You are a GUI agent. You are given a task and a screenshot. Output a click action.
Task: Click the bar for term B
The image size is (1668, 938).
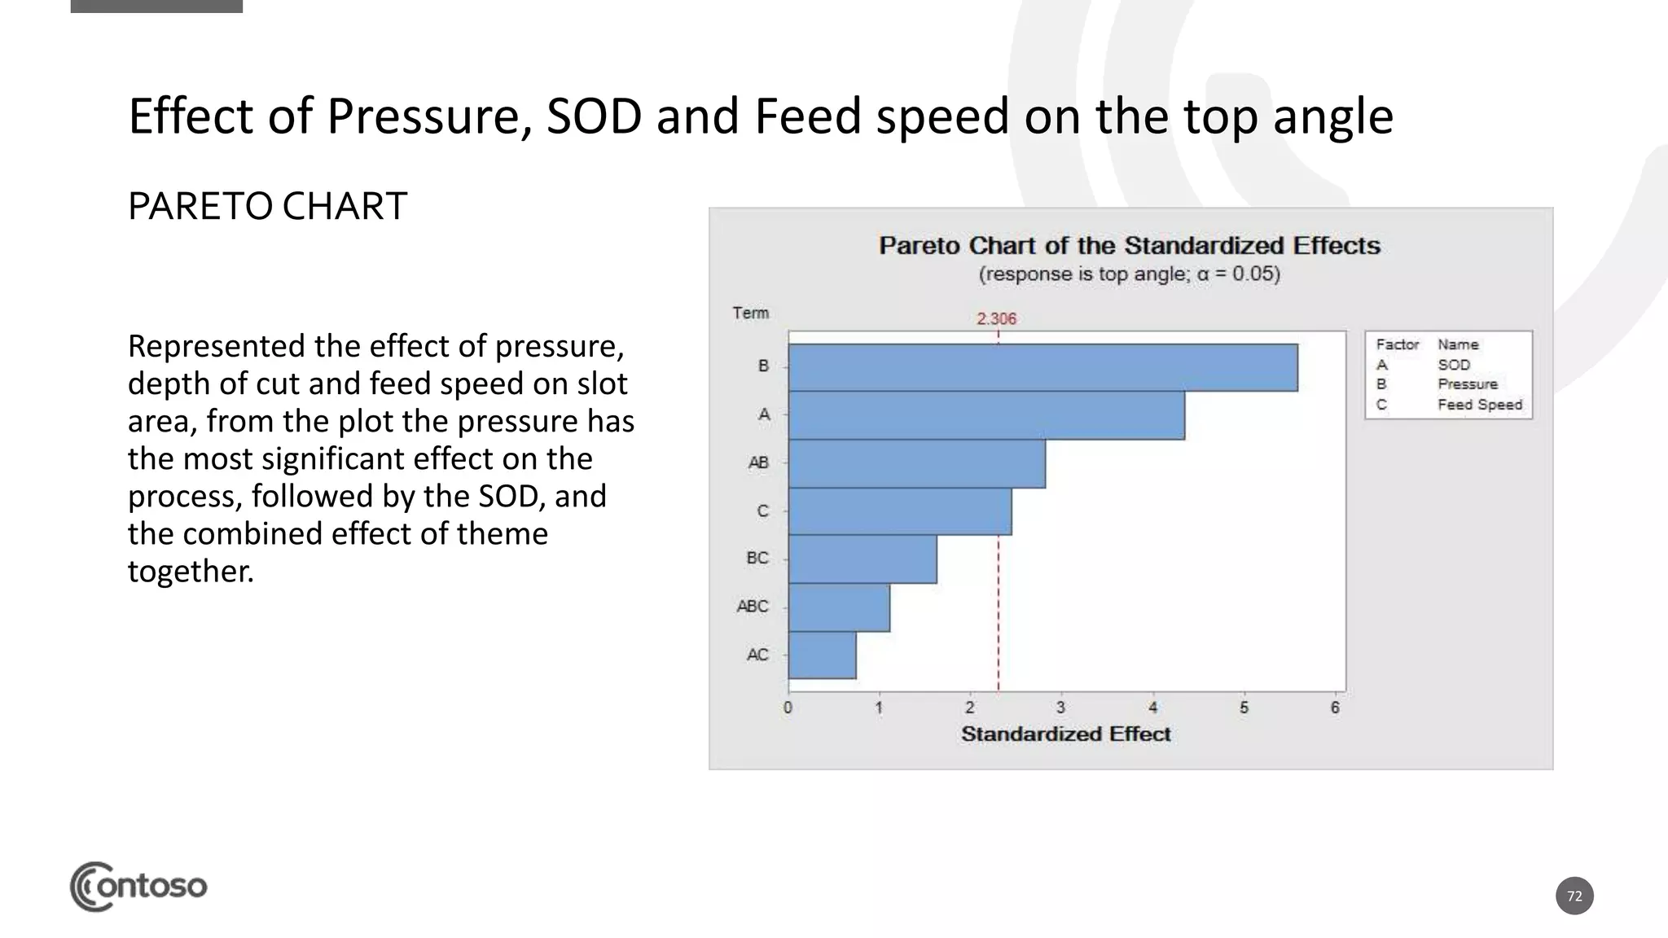point(1042,367)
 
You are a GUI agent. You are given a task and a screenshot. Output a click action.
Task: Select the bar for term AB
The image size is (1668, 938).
point(916,463)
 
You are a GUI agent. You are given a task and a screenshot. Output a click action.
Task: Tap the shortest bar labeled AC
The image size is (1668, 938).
point(822,655)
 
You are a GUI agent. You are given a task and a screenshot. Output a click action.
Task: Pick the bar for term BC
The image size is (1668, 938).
point(862,559)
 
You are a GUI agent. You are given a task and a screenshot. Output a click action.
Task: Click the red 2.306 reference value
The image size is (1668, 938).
point(996,318)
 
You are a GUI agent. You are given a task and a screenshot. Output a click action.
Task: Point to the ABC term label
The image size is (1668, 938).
point(752,607)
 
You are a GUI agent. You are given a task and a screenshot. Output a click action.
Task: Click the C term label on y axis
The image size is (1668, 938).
point(762,511)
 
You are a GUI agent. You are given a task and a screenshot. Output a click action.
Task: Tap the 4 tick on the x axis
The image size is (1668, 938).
point(1152,708)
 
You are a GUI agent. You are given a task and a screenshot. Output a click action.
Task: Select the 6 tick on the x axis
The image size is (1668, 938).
point(1335,708)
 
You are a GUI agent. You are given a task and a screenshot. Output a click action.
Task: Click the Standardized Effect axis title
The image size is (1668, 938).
point(1065,734)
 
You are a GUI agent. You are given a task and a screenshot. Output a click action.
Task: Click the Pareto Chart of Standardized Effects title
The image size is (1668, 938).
point(1129,245)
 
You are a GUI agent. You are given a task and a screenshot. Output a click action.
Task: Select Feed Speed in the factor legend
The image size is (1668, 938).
point(1479,405)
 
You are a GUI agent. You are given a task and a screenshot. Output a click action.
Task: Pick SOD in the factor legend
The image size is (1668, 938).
point(1454,365)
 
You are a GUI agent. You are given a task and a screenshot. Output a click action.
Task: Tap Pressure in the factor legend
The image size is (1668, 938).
point(1467,384)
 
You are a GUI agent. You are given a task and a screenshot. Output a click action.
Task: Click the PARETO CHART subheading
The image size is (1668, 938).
point(267,206)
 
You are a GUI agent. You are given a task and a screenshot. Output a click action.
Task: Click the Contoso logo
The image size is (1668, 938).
point(138,886)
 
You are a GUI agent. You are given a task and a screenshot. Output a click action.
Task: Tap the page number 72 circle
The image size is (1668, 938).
point(1574,896)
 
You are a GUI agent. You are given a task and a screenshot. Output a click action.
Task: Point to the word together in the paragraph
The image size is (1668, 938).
point(191,571)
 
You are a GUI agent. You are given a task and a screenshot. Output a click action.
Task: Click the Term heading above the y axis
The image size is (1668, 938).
point(750,313)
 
